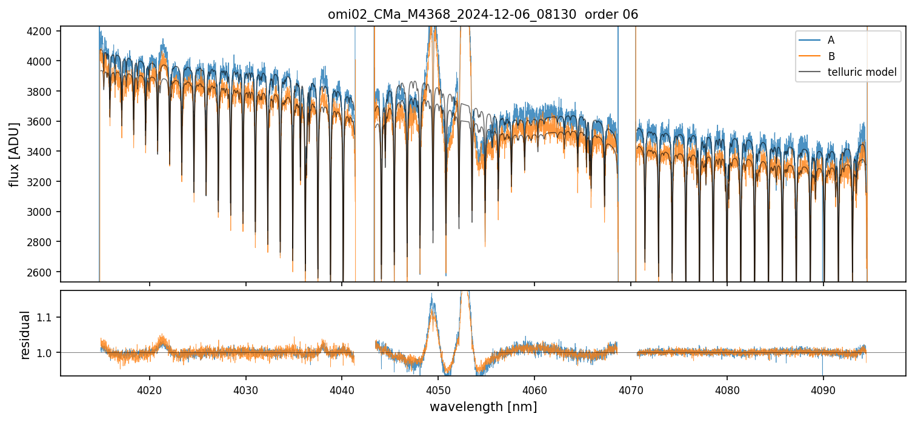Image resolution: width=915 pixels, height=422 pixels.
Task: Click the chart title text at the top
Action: (483, 15)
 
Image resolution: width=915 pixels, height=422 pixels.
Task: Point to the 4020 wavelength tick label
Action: (149, 389)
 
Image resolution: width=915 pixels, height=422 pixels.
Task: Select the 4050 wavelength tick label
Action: (438, 389)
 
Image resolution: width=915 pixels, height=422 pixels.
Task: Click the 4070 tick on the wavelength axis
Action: (631, 389)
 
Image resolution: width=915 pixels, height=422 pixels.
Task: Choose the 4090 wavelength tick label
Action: (823, 389)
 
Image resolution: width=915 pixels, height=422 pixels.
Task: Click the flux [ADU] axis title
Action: (14, 154)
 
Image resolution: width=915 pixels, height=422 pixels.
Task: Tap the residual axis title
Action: (25, 335)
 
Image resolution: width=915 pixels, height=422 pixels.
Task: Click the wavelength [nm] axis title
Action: (483, 406)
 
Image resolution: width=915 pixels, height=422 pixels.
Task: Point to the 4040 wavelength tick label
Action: (342, 389)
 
